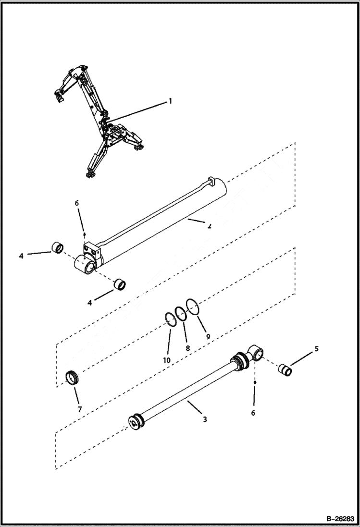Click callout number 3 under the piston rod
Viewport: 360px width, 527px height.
205,419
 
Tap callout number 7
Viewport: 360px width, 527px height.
80,409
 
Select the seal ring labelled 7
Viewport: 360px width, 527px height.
72,378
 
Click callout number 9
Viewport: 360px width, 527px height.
208,337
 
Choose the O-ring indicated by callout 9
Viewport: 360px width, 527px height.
193,306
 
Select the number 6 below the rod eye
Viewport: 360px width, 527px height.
253,413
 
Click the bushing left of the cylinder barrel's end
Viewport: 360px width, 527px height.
57,248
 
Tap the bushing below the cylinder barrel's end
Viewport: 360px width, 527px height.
120,285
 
